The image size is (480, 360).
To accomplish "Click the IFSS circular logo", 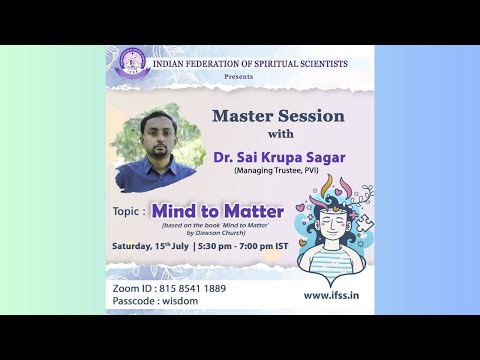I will coord(130,63).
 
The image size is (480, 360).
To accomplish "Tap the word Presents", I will coord(239,76).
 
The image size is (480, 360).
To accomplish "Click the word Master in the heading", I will coord(244,116).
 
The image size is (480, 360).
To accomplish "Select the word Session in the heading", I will coord(312,116).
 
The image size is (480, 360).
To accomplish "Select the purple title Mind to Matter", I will coord(218,211).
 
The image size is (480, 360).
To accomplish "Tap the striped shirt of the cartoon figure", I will coord(326,261).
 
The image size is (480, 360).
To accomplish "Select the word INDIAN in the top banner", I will coord(169,63).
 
